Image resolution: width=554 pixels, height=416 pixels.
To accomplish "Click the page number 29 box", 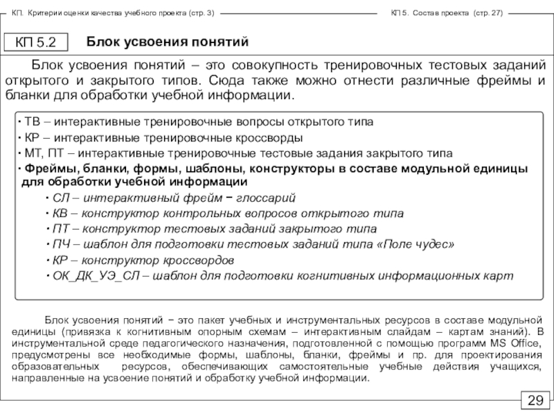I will point(536,401).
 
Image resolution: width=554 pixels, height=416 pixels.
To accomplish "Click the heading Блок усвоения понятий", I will point(167,42).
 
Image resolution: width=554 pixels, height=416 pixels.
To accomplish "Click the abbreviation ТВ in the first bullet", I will point(32,121).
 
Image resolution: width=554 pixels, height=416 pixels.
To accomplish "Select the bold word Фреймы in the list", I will point(44,168).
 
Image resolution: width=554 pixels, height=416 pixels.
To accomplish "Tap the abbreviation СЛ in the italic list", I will point(60,198).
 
